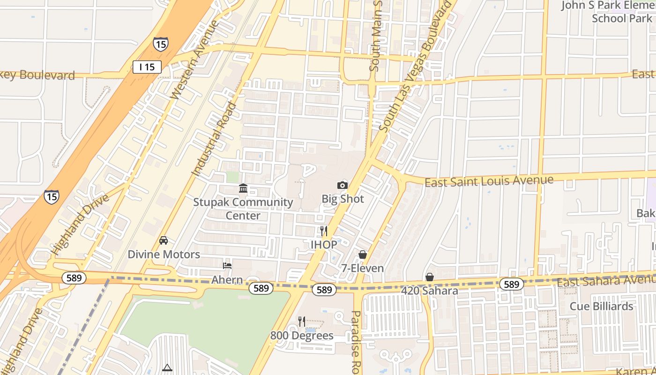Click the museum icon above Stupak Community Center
point(243,188)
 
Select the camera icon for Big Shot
point(343,185)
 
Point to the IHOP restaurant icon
point(323,231)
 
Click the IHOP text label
point(323,245)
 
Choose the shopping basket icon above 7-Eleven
point(362,255)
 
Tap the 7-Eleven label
point(362,269)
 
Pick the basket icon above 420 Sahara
point(429,277)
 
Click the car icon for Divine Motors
point(164,240)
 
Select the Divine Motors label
point(164,255)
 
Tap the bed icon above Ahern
point(227,266)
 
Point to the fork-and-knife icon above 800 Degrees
point(302,322)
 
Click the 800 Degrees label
point(302,336)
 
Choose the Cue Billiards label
point(601,307)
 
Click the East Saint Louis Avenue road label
point(489,181)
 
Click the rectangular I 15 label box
point(147,67)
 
